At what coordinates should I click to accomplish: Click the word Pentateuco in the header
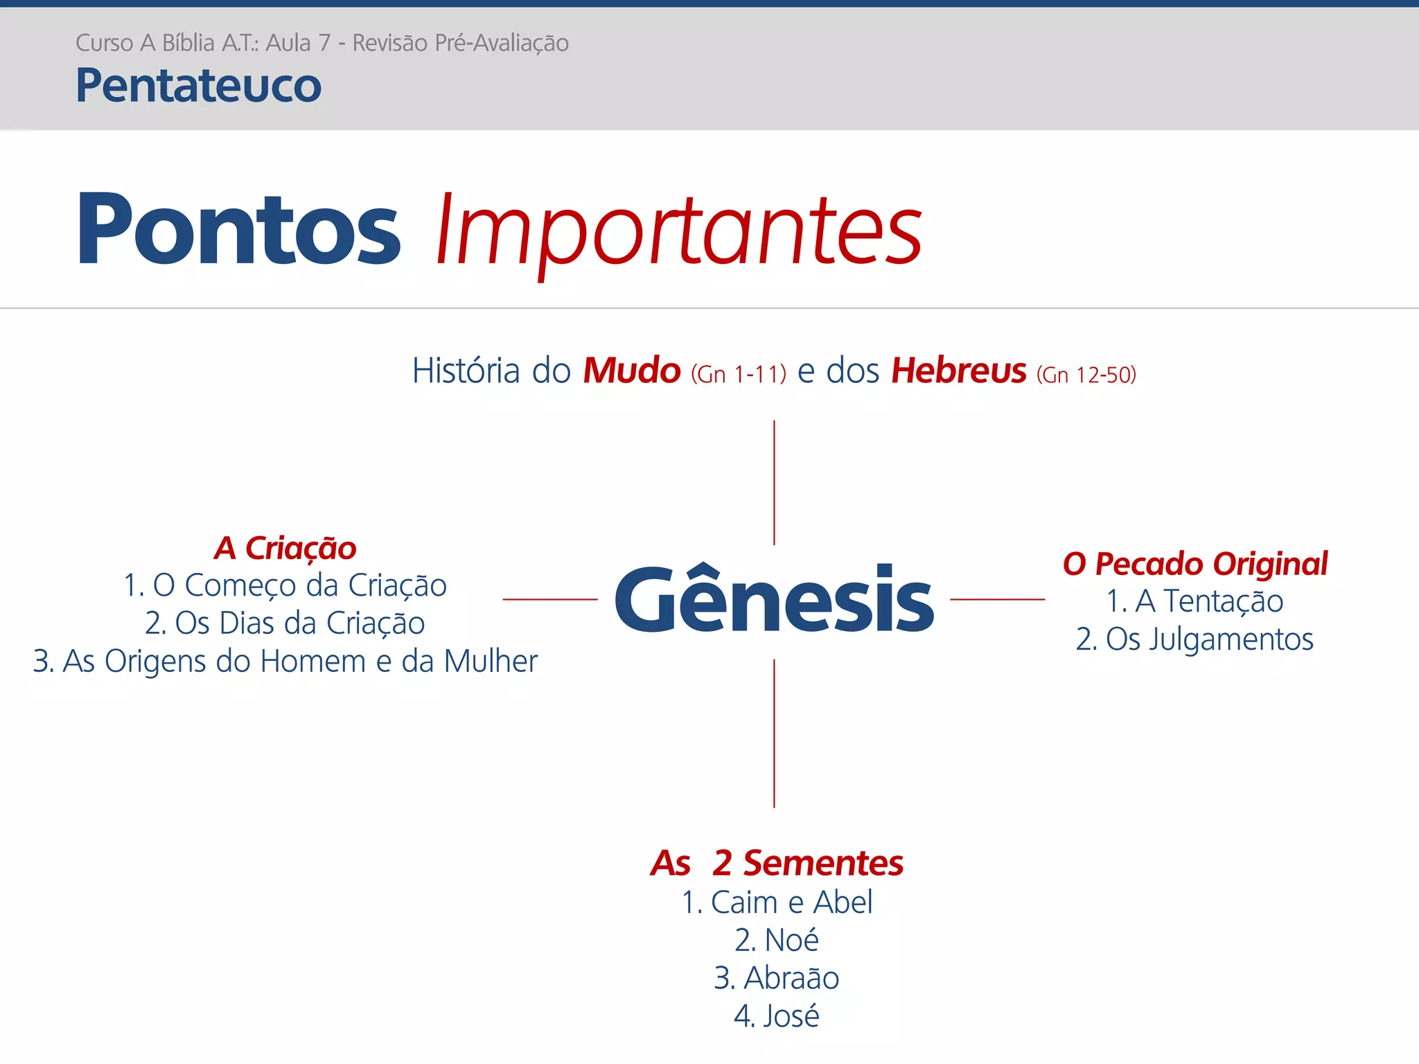pyautogui.click(x=198, y=86)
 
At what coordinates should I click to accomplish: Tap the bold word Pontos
pyautogui.click(x=238, y=230)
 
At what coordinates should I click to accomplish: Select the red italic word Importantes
pyautogui.click(x=679, y=230)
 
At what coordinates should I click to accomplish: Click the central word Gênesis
pyautogui.click(x=774, y=600)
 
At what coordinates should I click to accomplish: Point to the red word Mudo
pyautogui.click(x=631, y=371)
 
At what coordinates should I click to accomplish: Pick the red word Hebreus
pyautogui.click(x=958, y=371)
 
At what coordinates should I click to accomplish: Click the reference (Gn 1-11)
pyautogui.click(x=738, y=375)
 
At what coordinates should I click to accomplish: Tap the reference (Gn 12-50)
pyautogui.click(x=1086, y=375)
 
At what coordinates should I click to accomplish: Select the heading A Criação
pyautogui.click(x=285, y=548)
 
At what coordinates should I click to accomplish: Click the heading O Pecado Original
pyautogui.click(x=1195, y=564)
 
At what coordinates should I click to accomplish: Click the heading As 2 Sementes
pyautogui.click(x=776, y=863)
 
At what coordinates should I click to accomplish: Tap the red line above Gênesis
pyautogui.click(x=774, y=482)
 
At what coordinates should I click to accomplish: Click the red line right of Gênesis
pyautogui.click(x=997, y=599)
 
